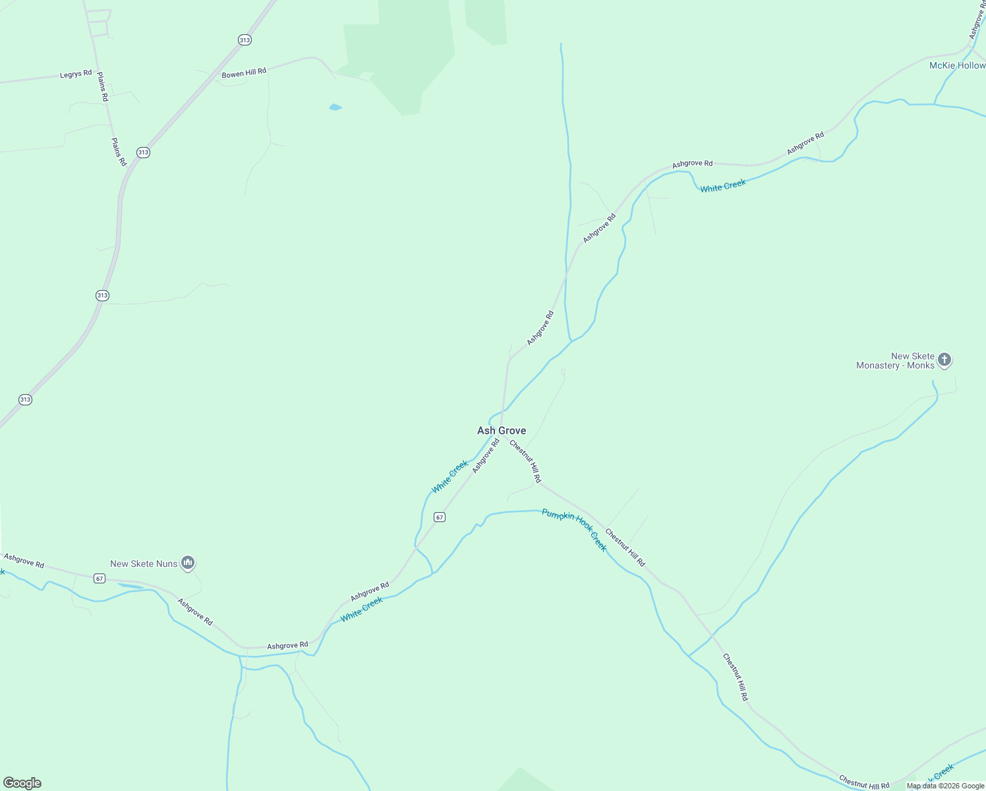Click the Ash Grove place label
tap(502, 430)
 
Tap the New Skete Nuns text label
tap(144, 564)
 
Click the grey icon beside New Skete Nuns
tap(188, 563)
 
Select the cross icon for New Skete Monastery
tap(944, 360)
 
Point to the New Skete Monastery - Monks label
tap(895, 361)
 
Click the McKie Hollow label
tap(957, 65)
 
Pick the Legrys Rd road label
tap(76, 74)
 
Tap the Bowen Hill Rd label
tap(244, 73)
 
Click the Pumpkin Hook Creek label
tap(574, 529)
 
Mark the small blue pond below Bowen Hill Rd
tap(335, 107)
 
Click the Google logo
tap(22, 783)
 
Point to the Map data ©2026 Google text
tap(945, 786)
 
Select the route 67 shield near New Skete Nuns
tap(100, 579)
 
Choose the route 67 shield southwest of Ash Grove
tap(440, 517)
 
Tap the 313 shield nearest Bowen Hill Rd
tap(245, 40)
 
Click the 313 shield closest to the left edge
tap(25, 399)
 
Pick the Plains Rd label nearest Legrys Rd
tap(102, 86)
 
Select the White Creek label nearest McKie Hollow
tap(723, 186)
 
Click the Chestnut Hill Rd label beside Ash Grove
tap(525, 461)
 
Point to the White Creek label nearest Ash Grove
tap(449, 477)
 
